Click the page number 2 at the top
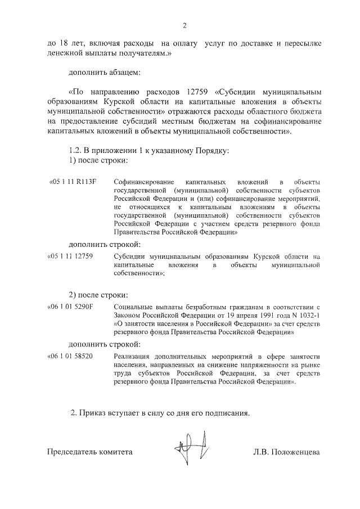[x=184, y=25]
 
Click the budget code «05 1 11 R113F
[x=75, y=183]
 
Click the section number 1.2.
[x=75, y=150]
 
